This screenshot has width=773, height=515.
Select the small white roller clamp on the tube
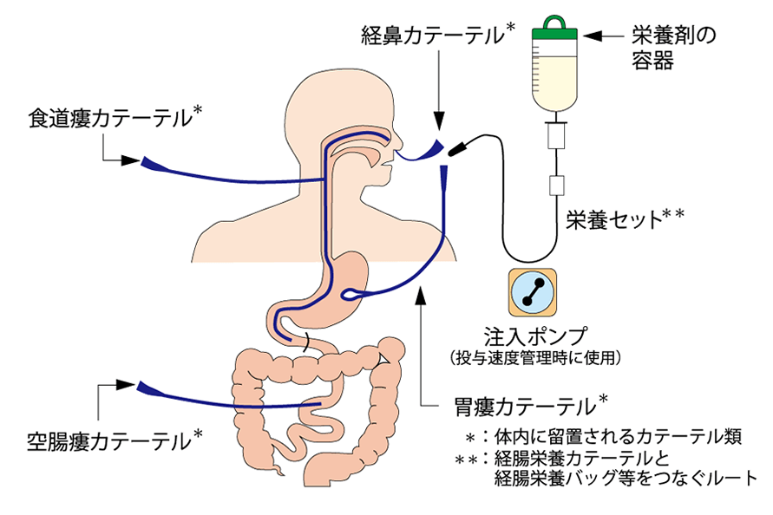(556, 185)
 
